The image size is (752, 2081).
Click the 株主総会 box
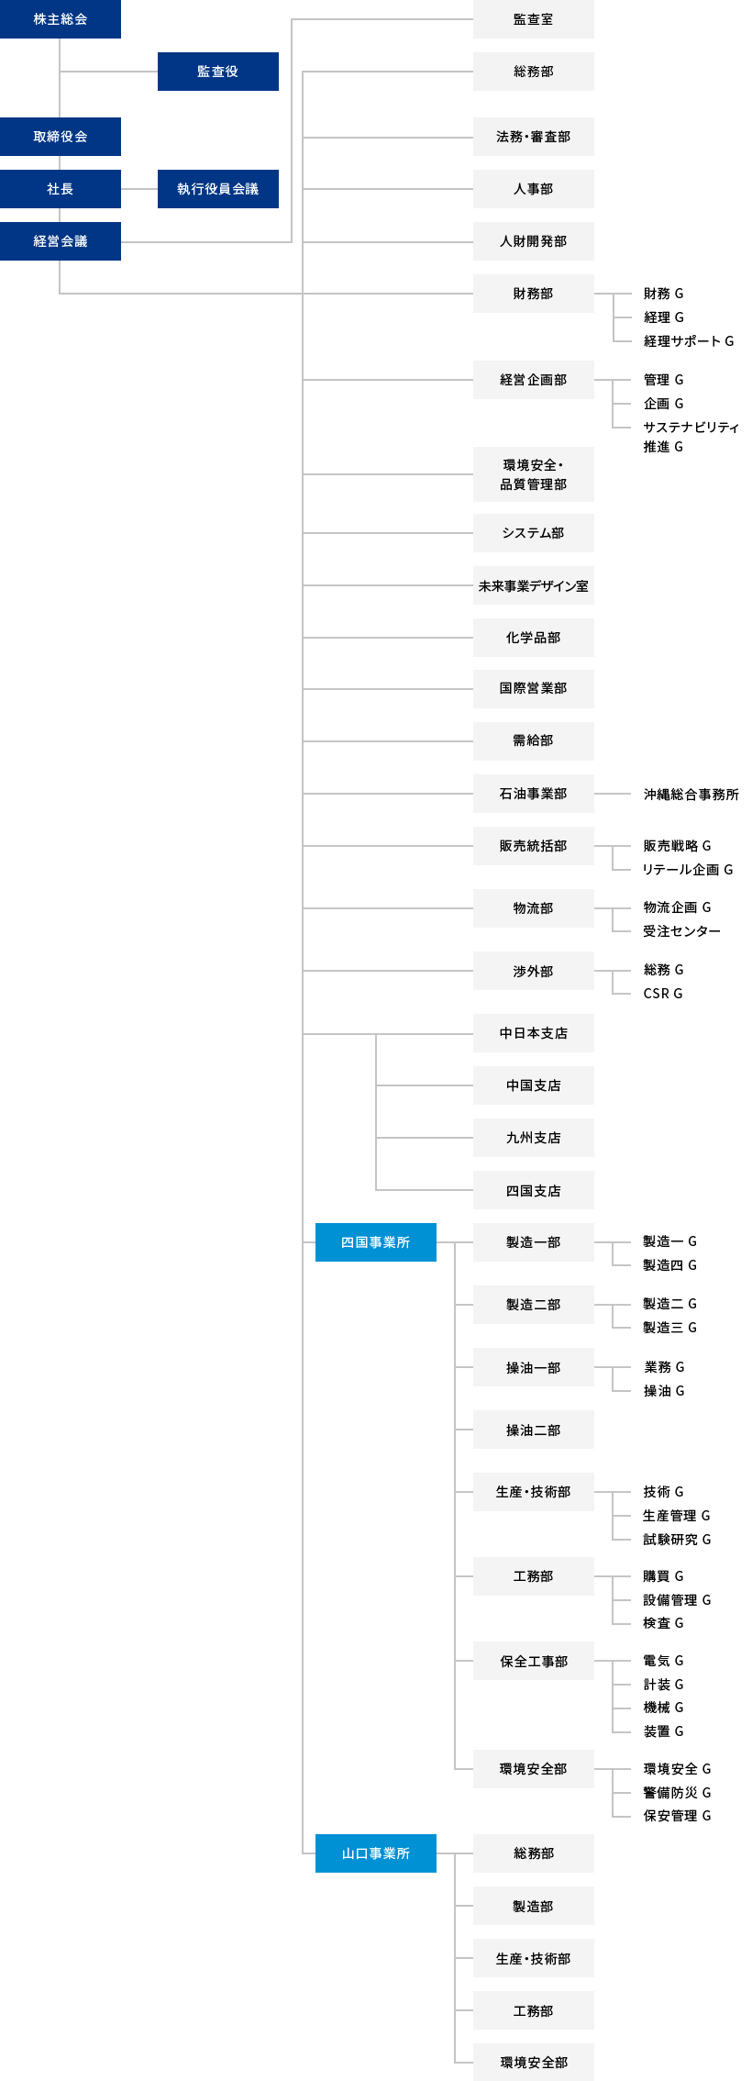61,19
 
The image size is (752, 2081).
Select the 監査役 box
218,72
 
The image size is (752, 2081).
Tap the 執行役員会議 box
218,189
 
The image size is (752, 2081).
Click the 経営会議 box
61,241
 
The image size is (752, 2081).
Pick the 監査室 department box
534,19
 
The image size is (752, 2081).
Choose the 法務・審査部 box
534,137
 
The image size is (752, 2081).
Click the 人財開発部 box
534,241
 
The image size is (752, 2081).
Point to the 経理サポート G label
689,341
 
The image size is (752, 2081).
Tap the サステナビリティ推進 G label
691,437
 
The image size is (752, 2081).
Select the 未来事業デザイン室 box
534,585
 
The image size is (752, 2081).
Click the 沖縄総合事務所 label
691,795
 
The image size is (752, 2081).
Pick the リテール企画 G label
688,870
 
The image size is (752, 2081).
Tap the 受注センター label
681,931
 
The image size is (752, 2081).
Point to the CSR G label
663,994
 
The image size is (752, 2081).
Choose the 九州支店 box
534,1138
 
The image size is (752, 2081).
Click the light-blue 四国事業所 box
376,1242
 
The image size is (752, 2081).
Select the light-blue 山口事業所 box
376,1853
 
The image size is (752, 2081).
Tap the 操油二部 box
534,1430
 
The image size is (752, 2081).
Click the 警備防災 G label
677,1793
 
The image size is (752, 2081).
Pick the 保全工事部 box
534,1662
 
